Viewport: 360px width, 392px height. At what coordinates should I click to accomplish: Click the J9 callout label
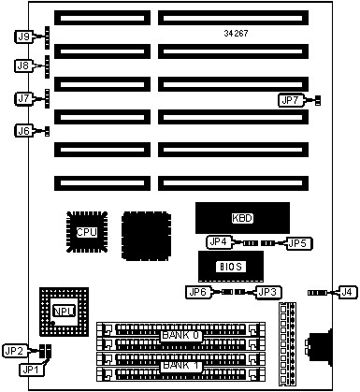(23, 36)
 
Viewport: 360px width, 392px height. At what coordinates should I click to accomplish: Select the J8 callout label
(23, 65)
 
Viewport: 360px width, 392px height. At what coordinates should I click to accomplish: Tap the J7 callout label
(23, 98)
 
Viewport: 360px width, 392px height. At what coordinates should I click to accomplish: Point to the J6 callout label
(23, 131)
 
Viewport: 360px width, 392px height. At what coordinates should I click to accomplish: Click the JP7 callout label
(291, 100)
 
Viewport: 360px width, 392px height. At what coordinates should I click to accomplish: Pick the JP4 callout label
(219, 242)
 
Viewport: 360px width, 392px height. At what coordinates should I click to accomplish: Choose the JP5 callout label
(297, 243)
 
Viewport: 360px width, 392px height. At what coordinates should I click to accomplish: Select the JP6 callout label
(198, 292)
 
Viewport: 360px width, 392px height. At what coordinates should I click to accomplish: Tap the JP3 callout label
(268, 293)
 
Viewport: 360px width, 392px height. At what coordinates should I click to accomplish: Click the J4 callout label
(347, 292)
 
